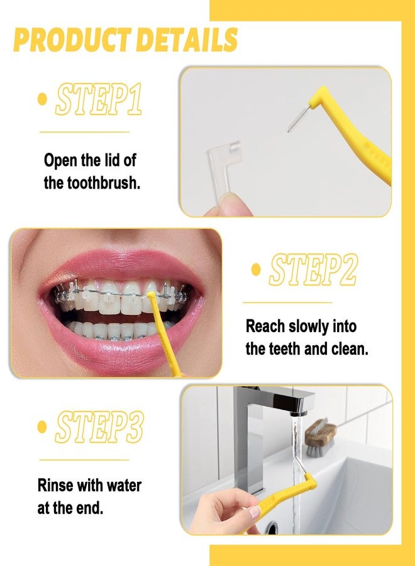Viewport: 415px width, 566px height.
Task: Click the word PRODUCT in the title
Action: (x=72, y=40)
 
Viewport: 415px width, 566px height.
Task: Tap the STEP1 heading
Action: (x=99, y=99)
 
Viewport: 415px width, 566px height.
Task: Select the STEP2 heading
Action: (x=313, y=269)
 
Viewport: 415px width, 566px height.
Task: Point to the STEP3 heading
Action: (x=99, y=426)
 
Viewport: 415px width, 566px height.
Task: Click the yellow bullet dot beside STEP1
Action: (x=43, y=99)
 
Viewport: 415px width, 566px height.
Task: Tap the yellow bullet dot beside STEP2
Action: (x=256, y=270)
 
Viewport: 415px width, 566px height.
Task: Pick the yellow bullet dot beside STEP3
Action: (x=43, y=426)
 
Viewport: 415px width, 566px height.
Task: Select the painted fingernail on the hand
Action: (x=255, y=512)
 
